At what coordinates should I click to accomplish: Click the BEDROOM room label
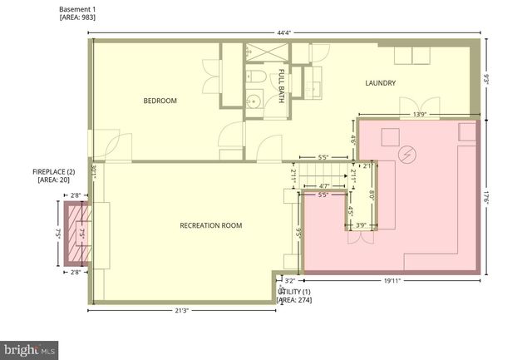pos(160,101)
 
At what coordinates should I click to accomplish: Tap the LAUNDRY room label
pos(380,83)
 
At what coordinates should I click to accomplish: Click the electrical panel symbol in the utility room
pos(407,155)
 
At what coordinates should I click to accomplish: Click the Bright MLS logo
pos(30,350)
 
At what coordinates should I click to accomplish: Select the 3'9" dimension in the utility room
pos(361,224)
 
